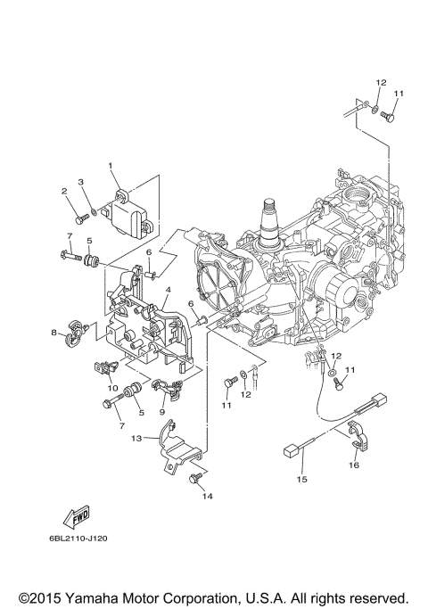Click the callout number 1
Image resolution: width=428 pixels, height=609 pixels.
(111, 166)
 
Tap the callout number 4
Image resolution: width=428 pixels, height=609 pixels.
(167, 291)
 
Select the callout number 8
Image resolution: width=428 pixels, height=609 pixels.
(53, 334)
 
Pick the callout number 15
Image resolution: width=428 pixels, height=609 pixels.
(301, 480)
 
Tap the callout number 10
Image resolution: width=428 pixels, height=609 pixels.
(113, 388)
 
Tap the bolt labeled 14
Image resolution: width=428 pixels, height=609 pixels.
(193, 481)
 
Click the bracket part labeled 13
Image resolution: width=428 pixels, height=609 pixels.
(174, 448)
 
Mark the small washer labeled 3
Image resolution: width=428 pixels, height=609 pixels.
(93, 212)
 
